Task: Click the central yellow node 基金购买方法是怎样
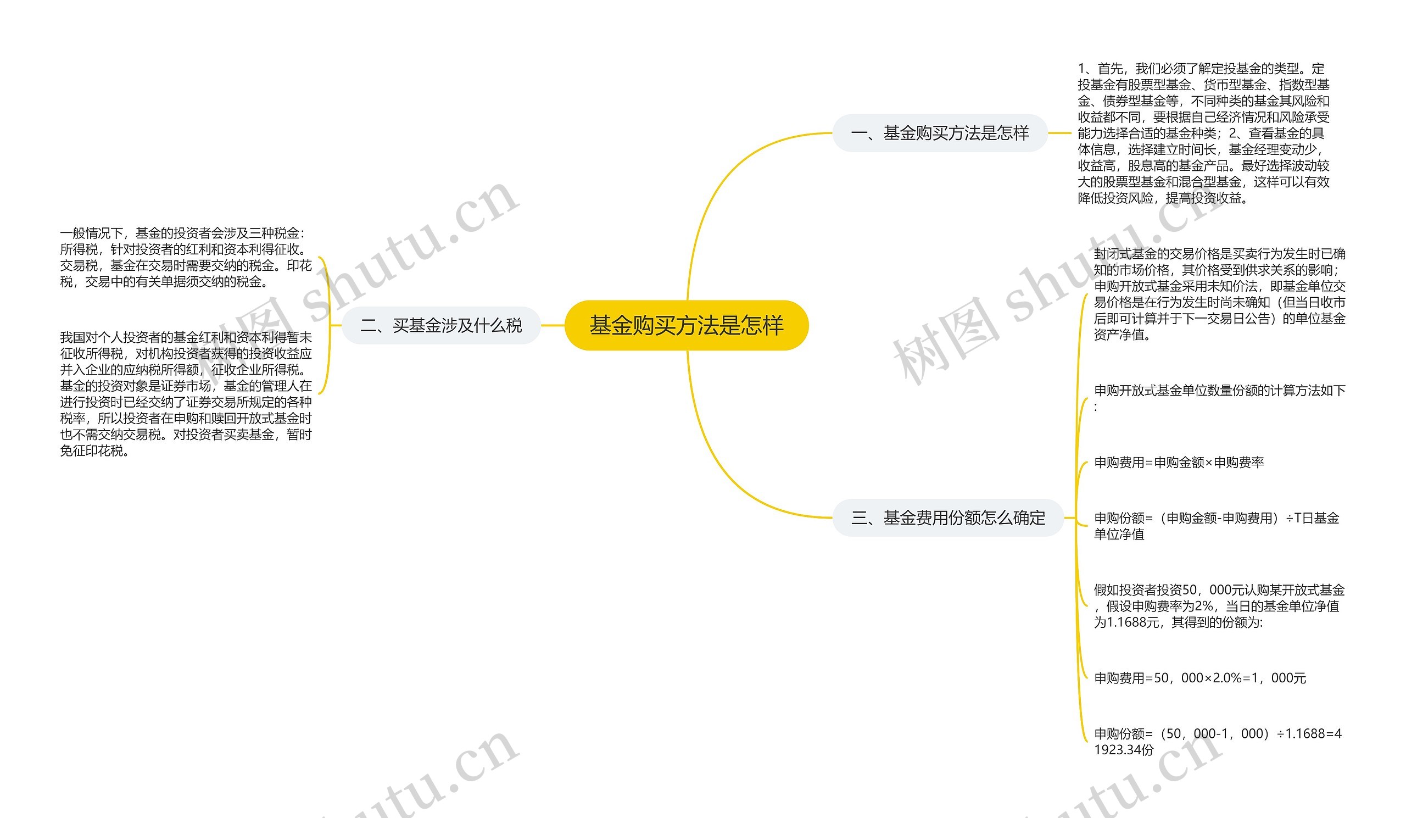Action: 687,325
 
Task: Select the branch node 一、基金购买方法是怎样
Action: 940,133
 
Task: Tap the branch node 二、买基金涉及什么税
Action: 441,325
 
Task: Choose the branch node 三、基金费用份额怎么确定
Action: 947,518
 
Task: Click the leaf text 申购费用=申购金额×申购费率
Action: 1179,462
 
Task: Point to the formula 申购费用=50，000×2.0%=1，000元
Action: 1199,678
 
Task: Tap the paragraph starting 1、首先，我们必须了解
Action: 1203,133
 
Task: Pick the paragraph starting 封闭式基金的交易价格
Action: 1219,294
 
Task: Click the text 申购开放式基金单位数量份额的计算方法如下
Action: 1219,391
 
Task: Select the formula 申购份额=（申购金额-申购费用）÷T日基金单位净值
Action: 1217,526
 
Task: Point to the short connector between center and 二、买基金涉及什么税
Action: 553,325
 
